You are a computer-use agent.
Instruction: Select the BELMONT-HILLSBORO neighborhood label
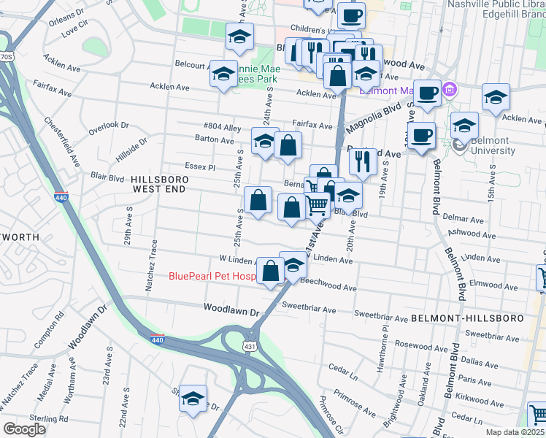click(x=467, y=319)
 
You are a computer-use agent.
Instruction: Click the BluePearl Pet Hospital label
click(x=212, y=276)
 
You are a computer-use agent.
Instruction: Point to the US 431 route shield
click(x=250, y=346)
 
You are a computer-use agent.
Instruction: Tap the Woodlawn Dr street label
click(x=232, y=311)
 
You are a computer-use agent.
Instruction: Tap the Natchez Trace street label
click(x=152, y=266)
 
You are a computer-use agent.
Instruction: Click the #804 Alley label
click(x=223, y=126)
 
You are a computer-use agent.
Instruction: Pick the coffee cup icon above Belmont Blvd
click(x=420, y=134)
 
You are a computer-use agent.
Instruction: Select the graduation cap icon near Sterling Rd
click(x=193, y=399)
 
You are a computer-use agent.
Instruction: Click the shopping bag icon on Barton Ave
click(x=288, y=145)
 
